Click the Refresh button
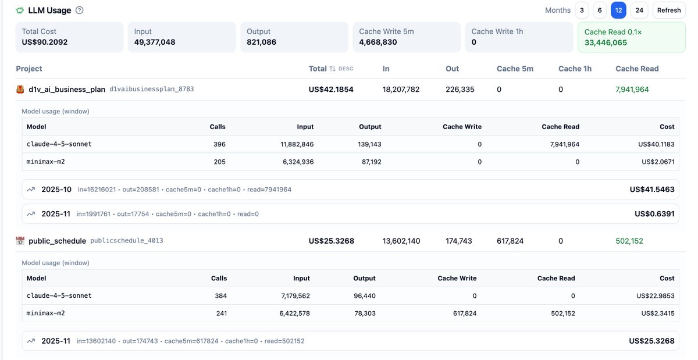[669, 10]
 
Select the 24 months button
[639, 10]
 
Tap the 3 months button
[582, 10]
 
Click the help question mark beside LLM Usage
[80, 10]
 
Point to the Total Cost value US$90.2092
[45, 42]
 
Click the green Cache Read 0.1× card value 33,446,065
[606, 42]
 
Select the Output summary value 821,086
[261, 42]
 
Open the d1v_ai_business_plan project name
[67, 90]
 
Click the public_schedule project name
[57, 241]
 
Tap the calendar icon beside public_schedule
[20, 241]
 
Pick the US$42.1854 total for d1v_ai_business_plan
[331, 90]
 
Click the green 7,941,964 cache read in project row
[632, 90]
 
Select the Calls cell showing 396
[219, 144]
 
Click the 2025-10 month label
[56, 190]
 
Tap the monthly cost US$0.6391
[654, 214]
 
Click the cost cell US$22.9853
[656, 296]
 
